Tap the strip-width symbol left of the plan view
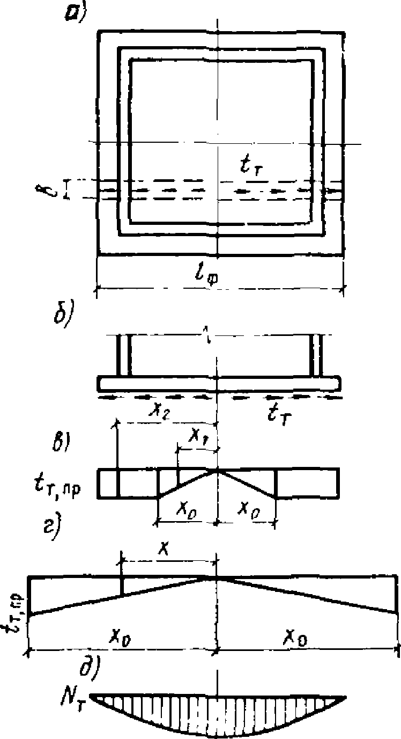(x=53, y=189)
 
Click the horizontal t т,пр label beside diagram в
(x=56, y=479)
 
